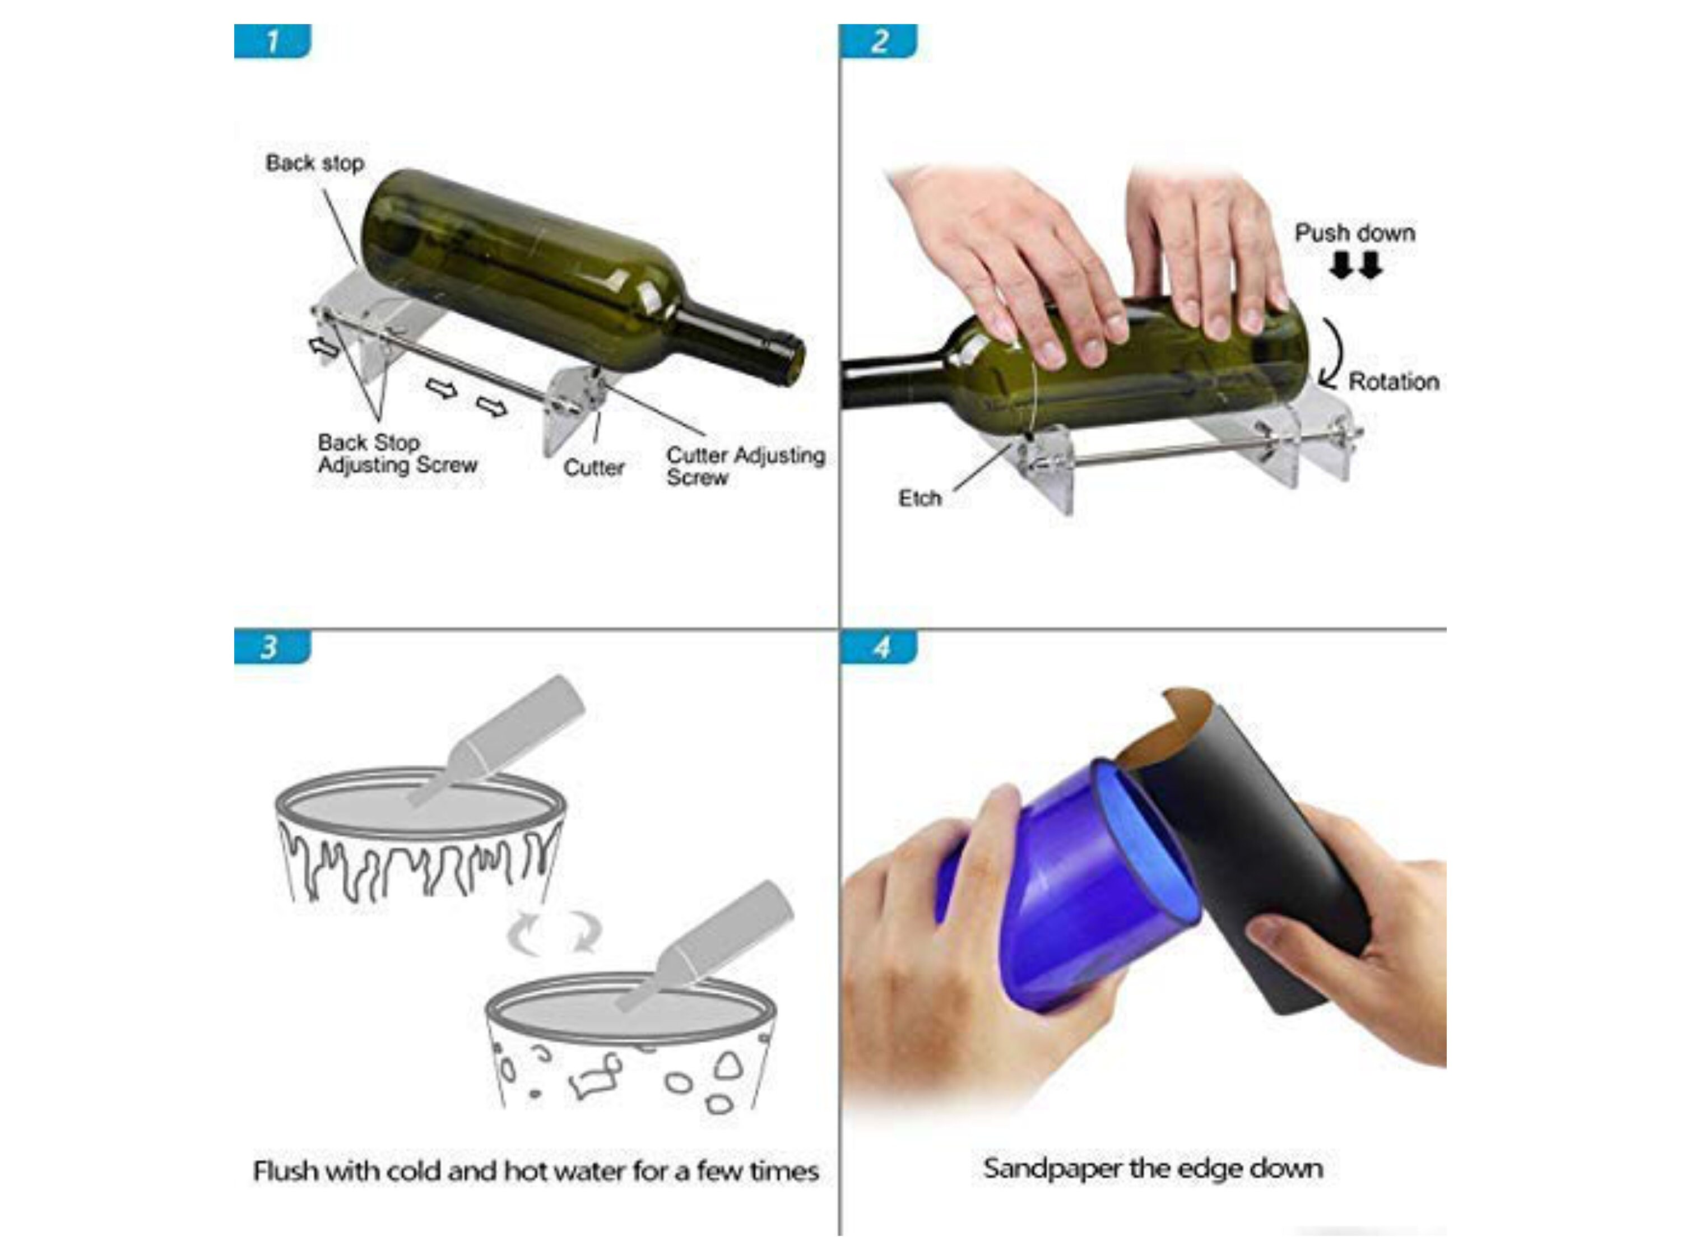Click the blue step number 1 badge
[272, 41]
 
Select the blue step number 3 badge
[272, 648]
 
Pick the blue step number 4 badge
[879, 648]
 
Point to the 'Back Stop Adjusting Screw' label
[397, 454]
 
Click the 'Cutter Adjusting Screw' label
[745, 466]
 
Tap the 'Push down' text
[1354, 233]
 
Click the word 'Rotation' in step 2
[1393, 382]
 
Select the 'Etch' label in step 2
[920, 499]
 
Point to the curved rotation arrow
[1333, 354]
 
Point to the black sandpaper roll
[1254, 859]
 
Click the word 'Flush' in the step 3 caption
[285, 1170]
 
